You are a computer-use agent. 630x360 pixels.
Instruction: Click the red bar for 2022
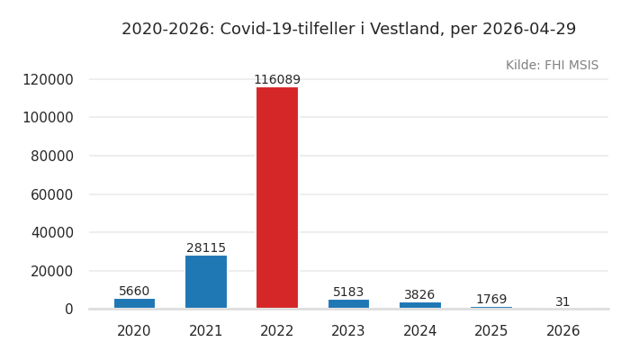[x=277, y=198]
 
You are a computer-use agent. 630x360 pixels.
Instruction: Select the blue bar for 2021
[x=206, y=282]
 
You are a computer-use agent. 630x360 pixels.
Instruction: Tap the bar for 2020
[x=134, y=303]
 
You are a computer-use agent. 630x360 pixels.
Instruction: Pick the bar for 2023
[x=348, y=304]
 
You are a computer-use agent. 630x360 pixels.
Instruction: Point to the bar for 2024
[x=420, y=305]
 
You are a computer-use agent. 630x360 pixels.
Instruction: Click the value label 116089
[x=277, y=80]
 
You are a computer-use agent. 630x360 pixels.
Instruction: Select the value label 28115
[x=206, y=248]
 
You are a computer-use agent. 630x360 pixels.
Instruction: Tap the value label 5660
[x=134, y=292]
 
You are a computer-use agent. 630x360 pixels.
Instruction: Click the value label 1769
[x=491, y=300]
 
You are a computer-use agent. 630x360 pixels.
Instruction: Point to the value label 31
[x=562, y=302]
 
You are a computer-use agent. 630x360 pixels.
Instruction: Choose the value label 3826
[x=419, y=295]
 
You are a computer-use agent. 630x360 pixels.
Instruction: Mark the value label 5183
[x=348, y=292]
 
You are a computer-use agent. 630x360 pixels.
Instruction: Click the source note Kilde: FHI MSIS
[x=552, y=66]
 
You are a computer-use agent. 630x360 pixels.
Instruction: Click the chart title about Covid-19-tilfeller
[x=348, y=30]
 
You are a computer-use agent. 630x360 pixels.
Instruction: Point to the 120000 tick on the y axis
[x=48, y=79]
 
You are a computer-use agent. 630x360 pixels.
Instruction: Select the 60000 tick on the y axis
[x=52, y=194]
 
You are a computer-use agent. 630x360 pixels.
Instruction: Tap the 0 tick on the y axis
[x=68, y=309]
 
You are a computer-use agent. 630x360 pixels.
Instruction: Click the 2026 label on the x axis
[x=562, y=331]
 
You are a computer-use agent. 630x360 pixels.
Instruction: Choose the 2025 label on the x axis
[x=491, y=331]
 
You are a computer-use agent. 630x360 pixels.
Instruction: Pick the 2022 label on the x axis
[x=277, y=331]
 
